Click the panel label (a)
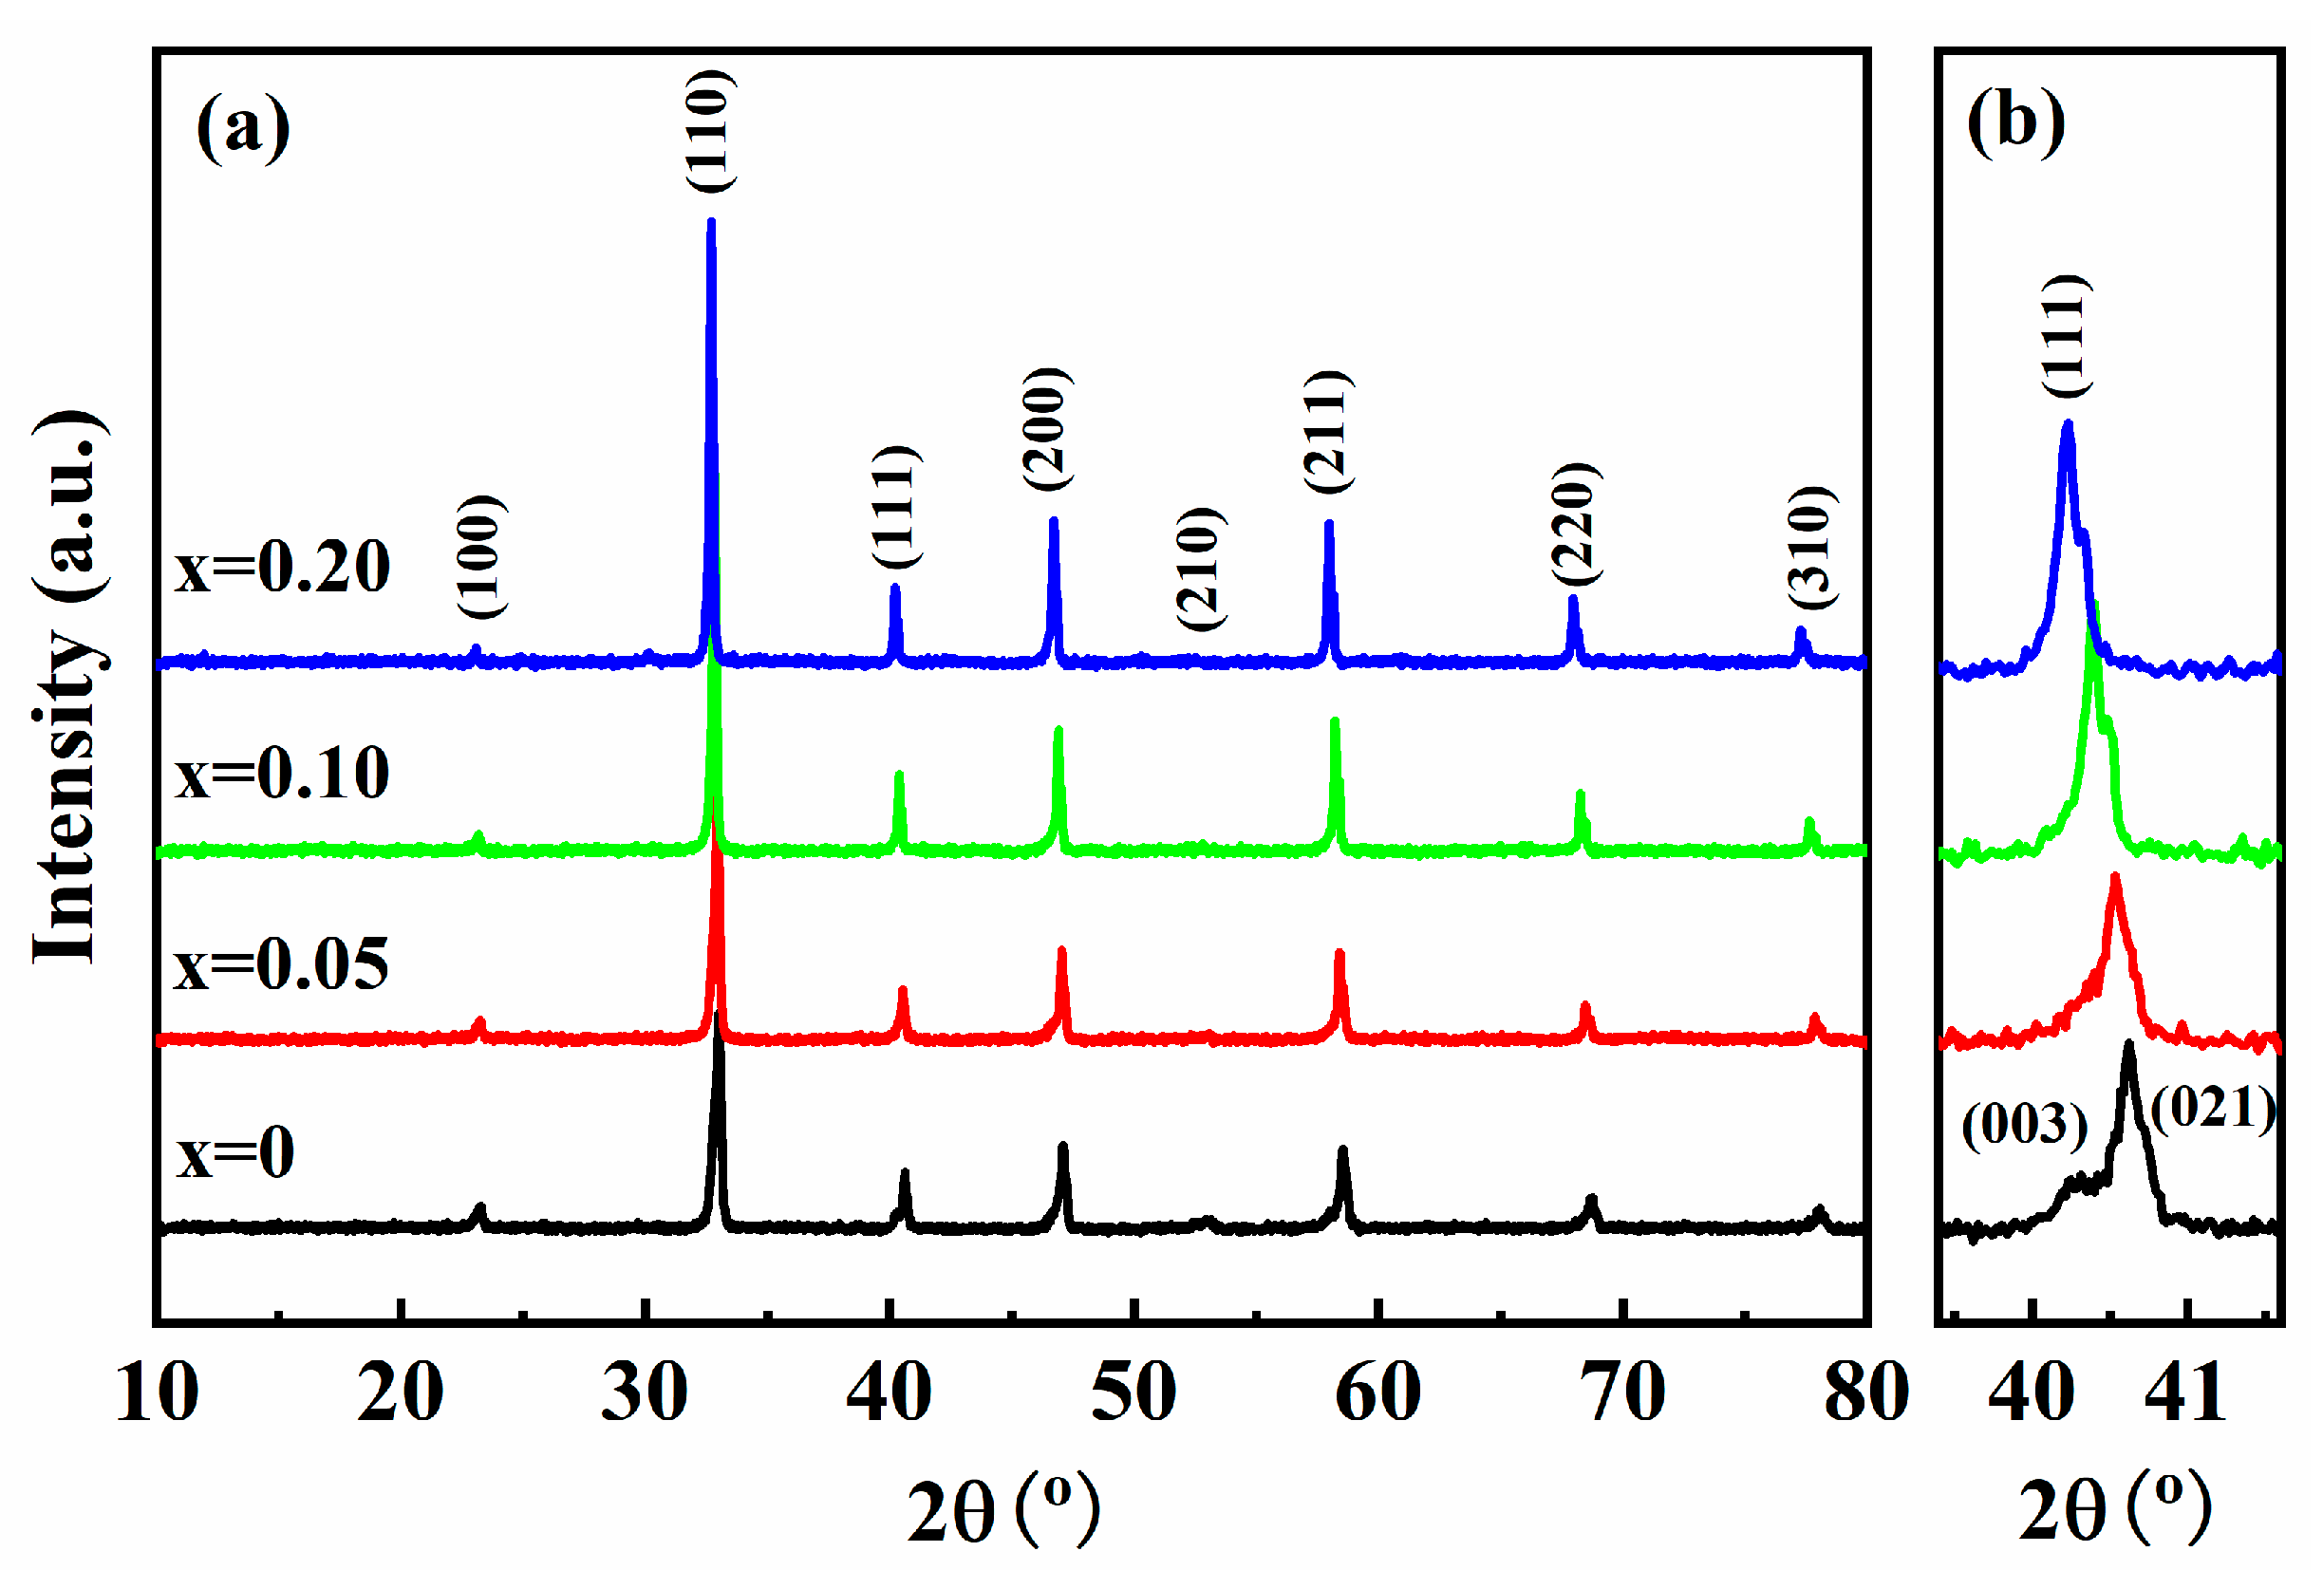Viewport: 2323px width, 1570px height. [x=243, y=128]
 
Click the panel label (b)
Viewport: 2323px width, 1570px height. [x=2015, y=122]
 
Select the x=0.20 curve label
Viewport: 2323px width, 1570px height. [x=282, y=568]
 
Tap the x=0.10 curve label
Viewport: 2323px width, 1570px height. [x=282, y=773]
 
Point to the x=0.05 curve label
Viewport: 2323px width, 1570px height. [x=281, y=964]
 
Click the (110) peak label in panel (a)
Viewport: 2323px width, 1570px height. [x=711, y=130]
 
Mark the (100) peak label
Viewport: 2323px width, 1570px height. [x=482, y=556]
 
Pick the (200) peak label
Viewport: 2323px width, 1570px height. [x=1046, y=430]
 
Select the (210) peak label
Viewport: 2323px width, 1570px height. [x=1200, y=569]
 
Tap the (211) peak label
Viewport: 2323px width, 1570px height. [x=1327, y=432]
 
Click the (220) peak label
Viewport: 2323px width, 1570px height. [x=1575, y=524]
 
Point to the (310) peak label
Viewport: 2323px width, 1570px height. [x=1811, y=547]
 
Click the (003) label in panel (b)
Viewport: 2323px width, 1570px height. [x=2024, y=1125]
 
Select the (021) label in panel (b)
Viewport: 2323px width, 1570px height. [x=2213, y=1109]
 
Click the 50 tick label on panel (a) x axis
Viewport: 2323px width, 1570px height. [x=1133, y=1392]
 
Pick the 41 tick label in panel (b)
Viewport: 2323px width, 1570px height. [x=2186, y=1392]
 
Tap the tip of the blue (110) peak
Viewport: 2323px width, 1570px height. [x=711, y=222]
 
